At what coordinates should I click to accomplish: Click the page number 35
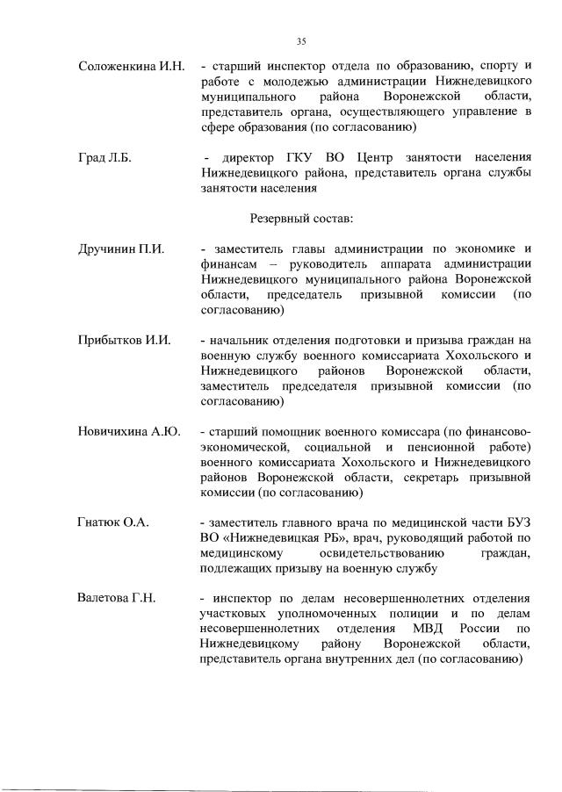[301, 40]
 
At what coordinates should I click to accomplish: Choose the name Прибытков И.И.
[125, 340]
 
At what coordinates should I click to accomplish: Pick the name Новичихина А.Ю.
[129, 431]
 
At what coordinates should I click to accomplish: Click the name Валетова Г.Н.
[117, 599]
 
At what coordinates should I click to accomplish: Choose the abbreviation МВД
[429, 630]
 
